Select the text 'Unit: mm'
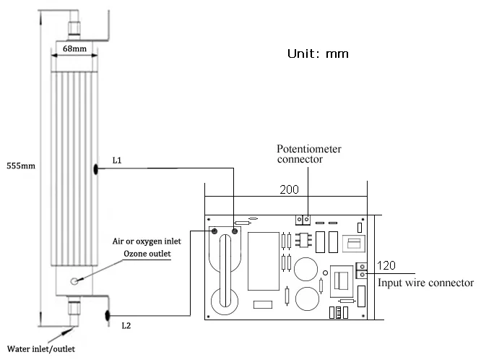coord(318,53)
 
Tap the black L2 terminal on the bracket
coord(106,314)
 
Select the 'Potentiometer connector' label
coord(309,154)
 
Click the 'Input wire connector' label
coord(425,283)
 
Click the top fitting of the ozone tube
coord(73,29)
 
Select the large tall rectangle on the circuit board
coord(261,259)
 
